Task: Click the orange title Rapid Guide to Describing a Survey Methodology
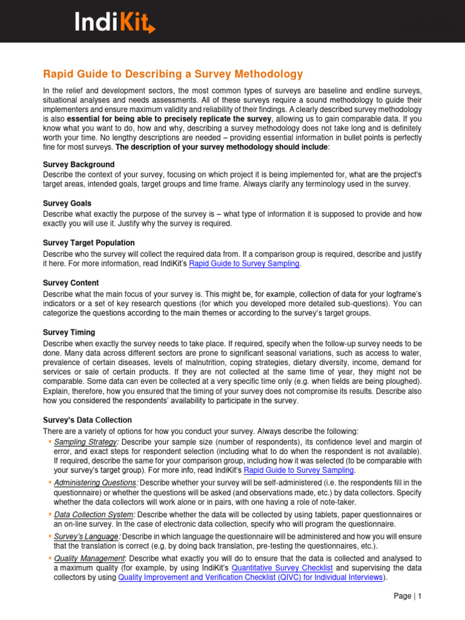click(x=173, y=74)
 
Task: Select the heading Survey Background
click(x=79, y=165)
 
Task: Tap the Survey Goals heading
click(x=67, y=204)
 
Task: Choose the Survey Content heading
click(x=71, y=283)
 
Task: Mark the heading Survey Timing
click(x=69, y=332)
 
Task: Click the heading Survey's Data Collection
click(x=87, y=420)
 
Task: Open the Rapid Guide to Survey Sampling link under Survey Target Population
click(x=244, y=264)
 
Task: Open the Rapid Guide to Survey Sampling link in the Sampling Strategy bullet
click(x=298, y=470)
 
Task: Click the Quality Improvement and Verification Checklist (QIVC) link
click(x=251, y=578)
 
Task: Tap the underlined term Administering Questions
click(x=96, y=483)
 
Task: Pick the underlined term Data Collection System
click(x=92, y=514)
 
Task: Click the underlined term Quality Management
click(x=89, y=558)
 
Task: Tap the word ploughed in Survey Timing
click(x=402, y=381)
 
